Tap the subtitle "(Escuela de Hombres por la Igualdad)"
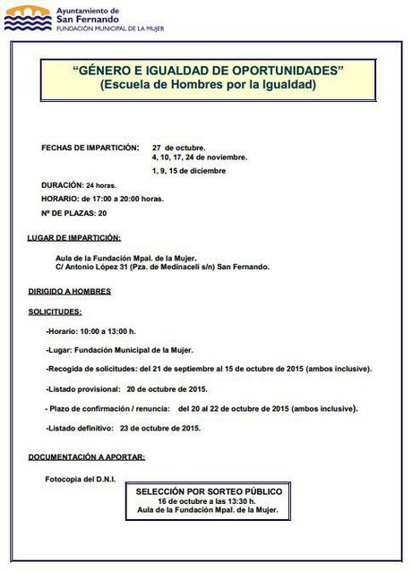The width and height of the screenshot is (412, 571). pos(208,86)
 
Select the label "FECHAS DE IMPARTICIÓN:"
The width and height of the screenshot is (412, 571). pos(90,147)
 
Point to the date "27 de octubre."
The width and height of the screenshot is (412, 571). pos(178,147)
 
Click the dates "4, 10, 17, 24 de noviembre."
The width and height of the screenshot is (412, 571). pos(200,157)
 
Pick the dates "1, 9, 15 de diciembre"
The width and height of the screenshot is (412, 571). pos(189,170)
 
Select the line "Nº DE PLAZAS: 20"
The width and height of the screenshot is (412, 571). pos(75,212)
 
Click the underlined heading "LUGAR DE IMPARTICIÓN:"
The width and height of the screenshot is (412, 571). pos(75,237)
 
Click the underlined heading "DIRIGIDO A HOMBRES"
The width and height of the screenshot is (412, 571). pos(70,291)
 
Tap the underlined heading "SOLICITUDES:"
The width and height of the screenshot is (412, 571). pos(56,311)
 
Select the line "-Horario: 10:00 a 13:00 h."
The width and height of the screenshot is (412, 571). pos(98,331)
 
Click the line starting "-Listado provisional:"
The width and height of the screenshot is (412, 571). pos(125,389)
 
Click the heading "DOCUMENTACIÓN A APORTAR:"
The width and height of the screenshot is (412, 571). pos(87,456)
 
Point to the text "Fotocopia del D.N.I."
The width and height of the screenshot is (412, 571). pos(81,478)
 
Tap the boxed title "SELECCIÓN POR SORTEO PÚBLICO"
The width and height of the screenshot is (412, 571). pos(209,491)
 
